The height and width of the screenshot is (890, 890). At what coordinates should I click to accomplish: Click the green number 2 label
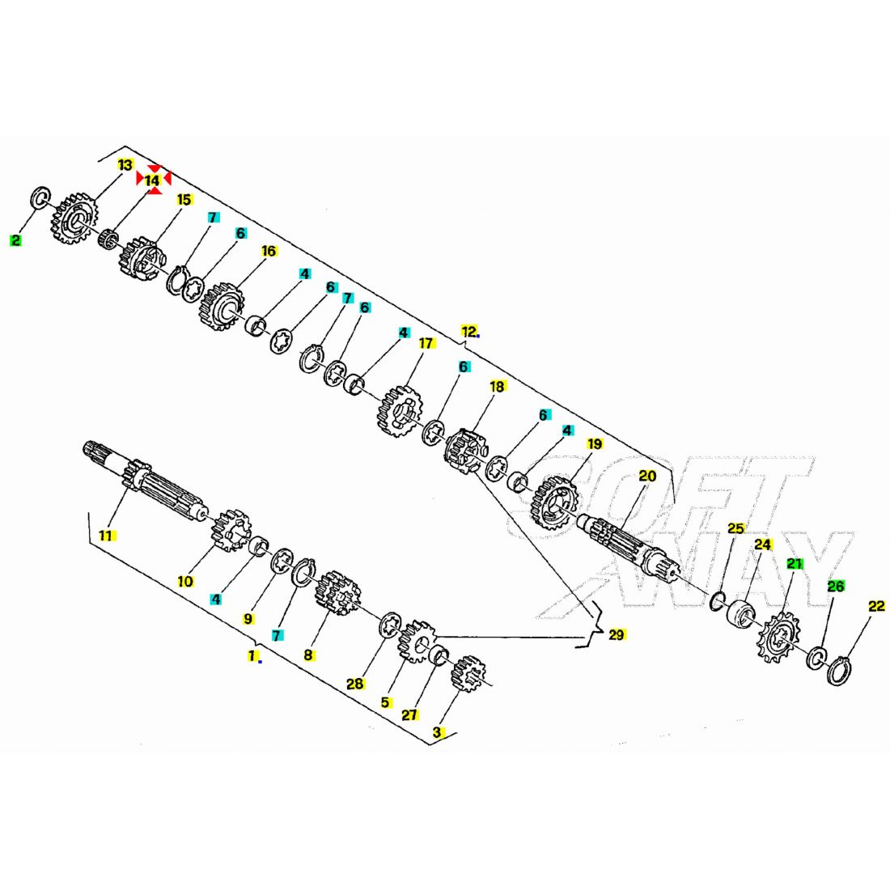[x=15, y=240]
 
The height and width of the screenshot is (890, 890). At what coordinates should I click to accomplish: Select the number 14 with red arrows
[x=153, y=180]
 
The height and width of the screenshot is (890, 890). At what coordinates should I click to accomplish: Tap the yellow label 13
[x=125, y=164]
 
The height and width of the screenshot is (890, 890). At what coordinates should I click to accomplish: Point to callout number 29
[x=617, y=634]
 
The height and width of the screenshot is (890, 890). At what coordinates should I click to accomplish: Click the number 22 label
[x=876, y=606]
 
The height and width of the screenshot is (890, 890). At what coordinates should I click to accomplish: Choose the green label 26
[x=836, y=586]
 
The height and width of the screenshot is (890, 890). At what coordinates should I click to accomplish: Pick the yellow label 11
[x=106, y=536]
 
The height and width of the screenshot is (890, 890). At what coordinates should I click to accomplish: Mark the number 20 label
[x=647, y=477]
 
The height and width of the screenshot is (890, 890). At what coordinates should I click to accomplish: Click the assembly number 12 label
[x=468, y=332]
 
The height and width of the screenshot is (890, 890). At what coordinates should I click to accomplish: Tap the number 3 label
[x=436, y=732]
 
